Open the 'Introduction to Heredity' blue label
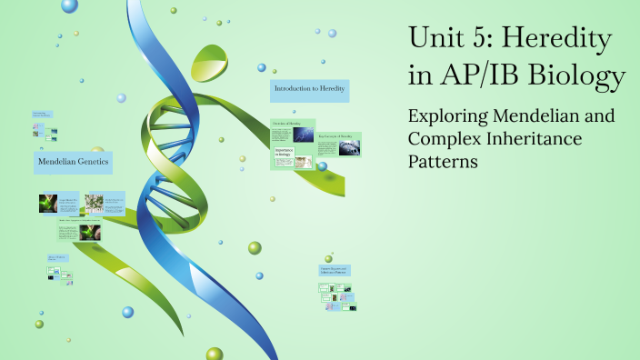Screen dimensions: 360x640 coord(310,90)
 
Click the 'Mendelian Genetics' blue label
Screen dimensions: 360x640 coord(73,163)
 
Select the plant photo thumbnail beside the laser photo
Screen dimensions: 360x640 coord(93,203)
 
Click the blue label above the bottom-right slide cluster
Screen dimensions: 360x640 coord(335,270)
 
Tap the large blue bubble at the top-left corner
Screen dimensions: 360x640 coord(69,5)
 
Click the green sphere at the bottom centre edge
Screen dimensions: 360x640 coord(215,354)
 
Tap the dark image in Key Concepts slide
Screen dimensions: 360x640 coord(349,148)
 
